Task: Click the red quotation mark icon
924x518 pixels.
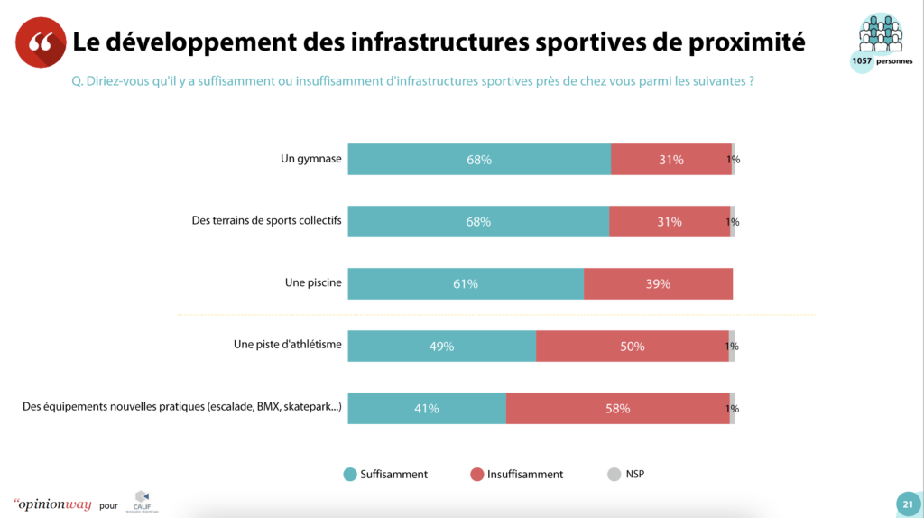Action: point(41,41)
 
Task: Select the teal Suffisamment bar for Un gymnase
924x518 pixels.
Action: point(479,160)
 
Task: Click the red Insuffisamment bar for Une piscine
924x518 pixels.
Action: point(658,283)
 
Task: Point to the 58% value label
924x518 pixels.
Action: point(618,408)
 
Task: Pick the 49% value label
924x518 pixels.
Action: point(441,346)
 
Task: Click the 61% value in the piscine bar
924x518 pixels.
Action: point(466,283)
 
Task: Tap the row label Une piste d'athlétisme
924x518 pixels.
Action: point(287,344)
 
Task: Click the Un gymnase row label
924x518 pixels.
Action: point(311,159)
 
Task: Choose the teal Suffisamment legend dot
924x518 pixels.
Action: point(350,474)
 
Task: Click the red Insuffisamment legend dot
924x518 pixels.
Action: point(477,474)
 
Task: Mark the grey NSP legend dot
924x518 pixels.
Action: point(614,474)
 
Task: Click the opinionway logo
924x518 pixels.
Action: point(53,504)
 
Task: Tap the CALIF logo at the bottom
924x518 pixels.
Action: point(142,501)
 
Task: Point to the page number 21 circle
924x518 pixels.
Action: point(906,504)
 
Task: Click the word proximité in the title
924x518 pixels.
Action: point(739,42)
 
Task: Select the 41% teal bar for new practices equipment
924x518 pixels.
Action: point(427,408)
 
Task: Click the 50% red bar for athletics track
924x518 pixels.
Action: point(632,346)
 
